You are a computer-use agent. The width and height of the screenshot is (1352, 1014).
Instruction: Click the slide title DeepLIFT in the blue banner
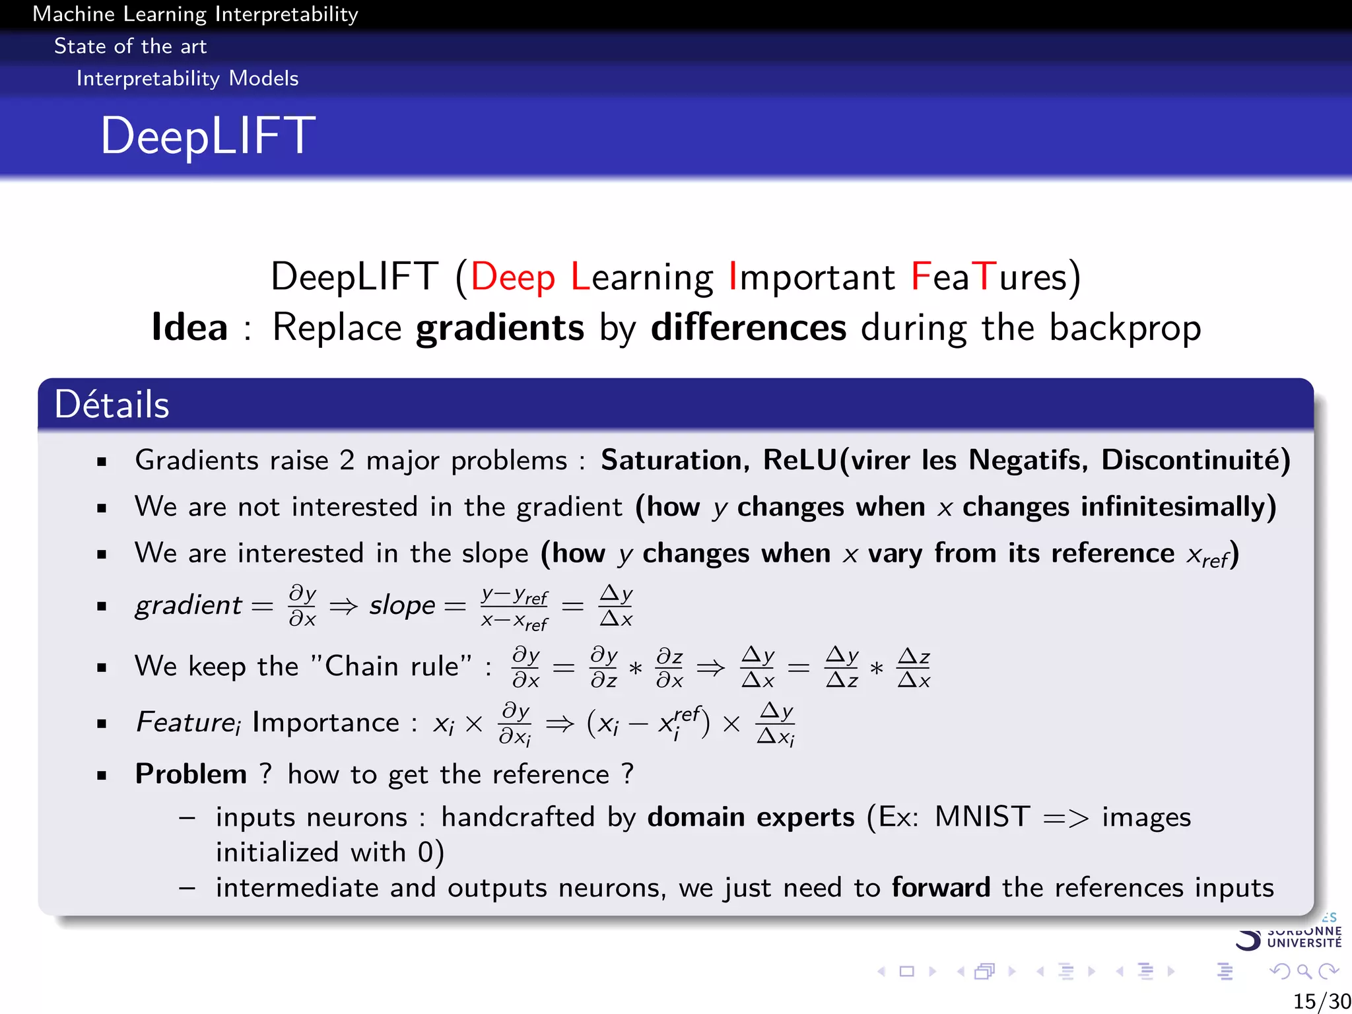(x=208, y=136)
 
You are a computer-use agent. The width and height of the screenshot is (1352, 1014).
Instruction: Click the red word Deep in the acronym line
(x=512, y=277)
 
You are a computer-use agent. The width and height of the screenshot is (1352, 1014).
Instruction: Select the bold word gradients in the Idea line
(x=500, y=327)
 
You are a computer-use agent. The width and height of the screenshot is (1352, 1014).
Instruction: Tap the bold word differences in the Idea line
(x=748, y=327)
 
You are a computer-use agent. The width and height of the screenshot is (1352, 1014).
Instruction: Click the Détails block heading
(x=112, y=404)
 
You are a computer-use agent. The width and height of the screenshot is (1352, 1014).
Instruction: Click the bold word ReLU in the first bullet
(x=799, y=460)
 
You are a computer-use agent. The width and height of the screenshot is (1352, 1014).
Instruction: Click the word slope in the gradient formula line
(x=402, y=605)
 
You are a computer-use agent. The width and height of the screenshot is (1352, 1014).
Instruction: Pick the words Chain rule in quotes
(x=391, y=666)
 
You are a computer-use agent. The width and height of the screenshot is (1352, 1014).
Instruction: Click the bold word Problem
(x=191, y=774)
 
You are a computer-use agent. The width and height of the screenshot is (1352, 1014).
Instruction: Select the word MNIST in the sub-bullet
(x=982, y=817)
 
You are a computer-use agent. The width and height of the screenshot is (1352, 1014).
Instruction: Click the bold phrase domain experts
(x=751, y=817)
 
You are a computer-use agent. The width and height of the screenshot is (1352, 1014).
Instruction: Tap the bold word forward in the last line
(x=941, y=887)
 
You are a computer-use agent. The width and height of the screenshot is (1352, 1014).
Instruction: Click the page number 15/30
(x=1321, y=1001)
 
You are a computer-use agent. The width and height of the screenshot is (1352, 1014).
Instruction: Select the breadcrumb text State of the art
(x=130, y=46)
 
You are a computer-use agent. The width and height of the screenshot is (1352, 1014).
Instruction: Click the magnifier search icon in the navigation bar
(x=1303, y=971)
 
